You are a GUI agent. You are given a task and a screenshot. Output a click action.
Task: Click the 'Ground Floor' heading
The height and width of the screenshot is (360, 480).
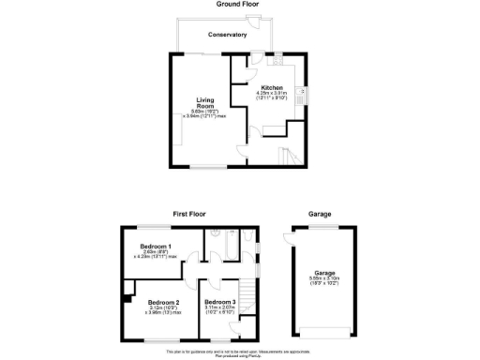pyautogui.click(x=237, y=4)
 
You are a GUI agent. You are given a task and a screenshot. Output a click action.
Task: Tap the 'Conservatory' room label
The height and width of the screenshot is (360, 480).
pyautogui.click(x=228, y=35)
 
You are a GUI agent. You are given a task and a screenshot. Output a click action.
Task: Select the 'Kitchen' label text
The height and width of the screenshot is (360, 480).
pyautogui.click(x=272, y=87)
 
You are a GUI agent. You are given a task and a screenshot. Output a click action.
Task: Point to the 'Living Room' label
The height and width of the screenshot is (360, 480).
pyautogui.click(x=206, y=102)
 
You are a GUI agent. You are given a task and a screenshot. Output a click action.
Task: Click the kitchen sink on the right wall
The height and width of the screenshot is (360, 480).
pyautogui.click(x=300, y=93)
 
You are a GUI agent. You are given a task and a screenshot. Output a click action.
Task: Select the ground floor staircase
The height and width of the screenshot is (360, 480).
pyautogui.click(x=286, y=154)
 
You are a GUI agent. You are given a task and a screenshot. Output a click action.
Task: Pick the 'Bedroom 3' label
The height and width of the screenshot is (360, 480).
pyautogui.click(x=219, y=302)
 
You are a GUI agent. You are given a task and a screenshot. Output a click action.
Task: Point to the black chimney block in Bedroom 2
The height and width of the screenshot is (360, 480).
pyautogui.click(x=125, y=298)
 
